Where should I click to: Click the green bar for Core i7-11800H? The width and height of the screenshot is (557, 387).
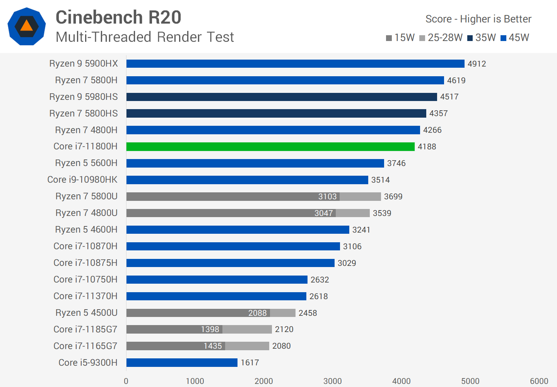click(270, 147)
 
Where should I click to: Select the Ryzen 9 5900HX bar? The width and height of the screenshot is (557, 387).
click(295, 63)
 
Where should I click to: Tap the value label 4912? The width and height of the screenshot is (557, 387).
click(477, 64)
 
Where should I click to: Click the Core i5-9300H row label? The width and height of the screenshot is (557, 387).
click(88, 363)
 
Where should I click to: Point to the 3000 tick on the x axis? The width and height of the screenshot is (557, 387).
click(332, 381)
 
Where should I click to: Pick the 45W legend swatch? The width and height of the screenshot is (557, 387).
click(503, 38)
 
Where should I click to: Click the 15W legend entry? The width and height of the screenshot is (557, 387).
click(400, 38)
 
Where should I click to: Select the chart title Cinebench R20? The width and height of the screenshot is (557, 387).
click(118, 17)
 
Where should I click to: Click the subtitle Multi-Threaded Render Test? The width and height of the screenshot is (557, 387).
click(145, 37)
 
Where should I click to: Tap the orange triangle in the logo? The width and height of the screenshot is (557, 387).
click(26, 26)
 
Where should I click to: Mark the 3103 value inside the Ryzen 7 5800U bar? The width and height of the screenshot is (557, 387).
click(327, 197)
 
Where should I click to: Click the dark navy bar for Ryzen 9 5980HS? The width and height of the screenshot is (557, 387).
click(281, 97)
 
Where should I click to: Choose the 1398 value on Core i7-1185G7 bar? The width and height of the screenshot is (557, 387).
click(210, 329)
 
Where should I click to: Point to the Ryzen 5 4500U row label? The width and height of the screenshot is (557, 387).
click(86, 313)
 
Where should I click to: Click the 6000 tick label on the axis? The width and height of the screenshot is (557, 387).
click(539, 381)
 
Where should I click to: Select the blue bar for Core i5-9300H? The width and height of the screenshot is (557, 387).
click(182, 363)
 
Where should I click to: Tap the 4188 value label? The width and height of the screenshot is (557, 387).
click(427, 147)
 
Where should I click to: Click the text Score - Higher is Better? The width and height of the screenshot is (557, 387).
click(478, 19)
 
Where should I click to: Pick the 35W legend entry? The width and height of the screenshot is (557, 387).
click(482, 38)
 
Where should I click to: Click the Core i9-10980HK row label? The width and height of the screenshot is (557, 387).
click(82, 180)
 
